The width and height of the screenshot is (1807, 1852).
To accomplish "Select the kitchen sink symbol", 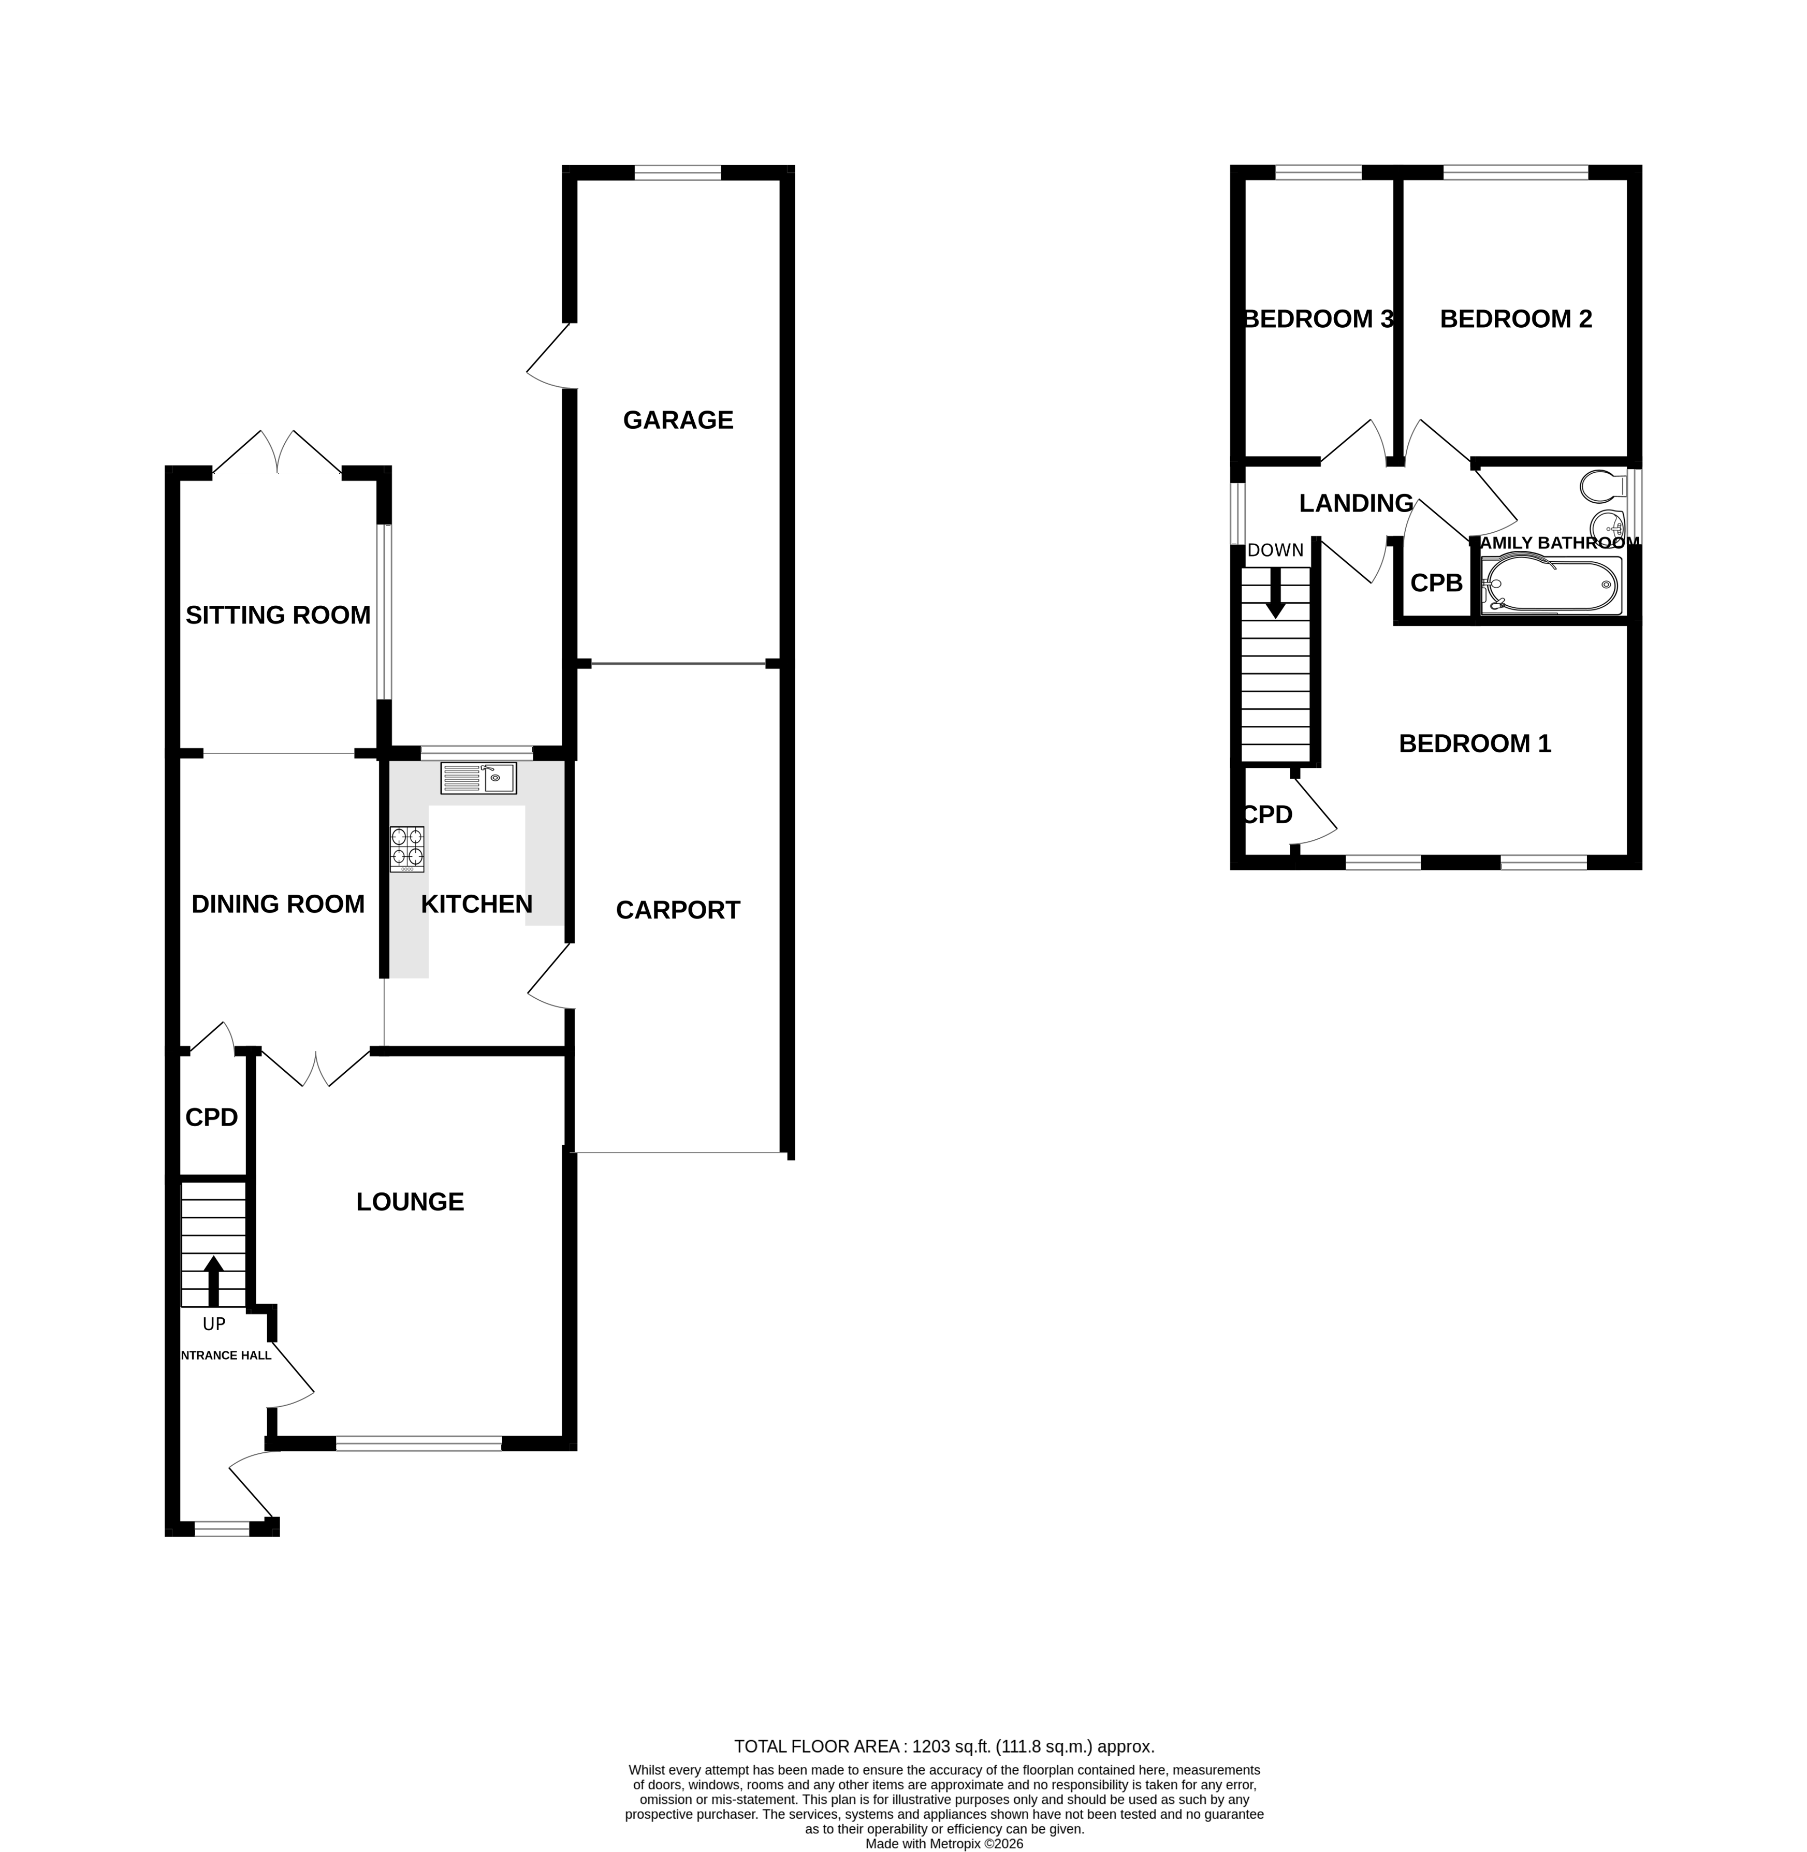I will click(478, 778).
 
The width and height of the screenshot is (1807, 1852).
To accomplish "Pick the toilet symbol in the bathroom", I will click(1604, 486).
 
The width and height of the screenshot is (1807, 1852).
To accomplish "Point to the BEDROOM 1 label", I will click(1475, 743).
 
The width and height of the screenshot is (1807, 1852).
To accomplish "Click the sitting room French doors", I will click(277, 454).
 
